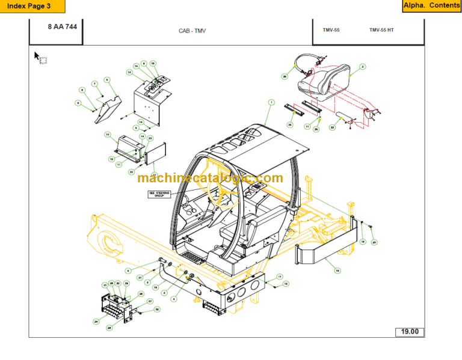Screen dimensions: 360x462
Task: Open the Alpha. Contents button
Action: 431,6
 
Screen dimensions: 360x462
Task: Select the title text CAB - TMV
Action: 192,31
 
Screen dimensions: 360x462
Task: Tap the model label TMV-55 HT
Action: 381,30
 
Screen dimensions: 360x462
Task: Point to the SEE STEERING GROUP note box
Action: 159,194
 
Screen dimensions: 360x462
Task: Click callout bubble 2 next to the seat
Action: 363,67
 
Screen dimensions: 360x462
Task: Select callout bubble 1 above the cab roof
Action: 271,103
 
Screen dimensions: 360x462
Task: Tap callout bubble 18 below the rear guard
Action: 337,270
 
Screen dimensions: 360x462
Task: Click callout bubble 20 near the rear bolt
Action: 374,242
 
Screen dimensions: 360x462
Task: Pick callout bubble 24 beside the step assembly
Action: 96,322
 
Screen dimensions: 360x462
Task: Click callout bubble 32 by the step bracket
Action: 157,310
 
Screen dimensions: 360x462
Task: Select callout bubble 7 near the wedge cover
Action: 94,84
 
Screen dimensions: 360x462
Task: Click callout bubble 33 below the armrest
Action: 332,127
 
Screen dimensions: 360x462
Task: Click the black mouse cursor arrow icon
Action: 37,56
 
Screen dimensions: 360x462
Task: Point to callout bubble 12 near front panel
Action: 111,159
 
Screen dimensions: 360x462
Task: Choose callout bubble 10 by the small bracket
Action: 108,134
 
